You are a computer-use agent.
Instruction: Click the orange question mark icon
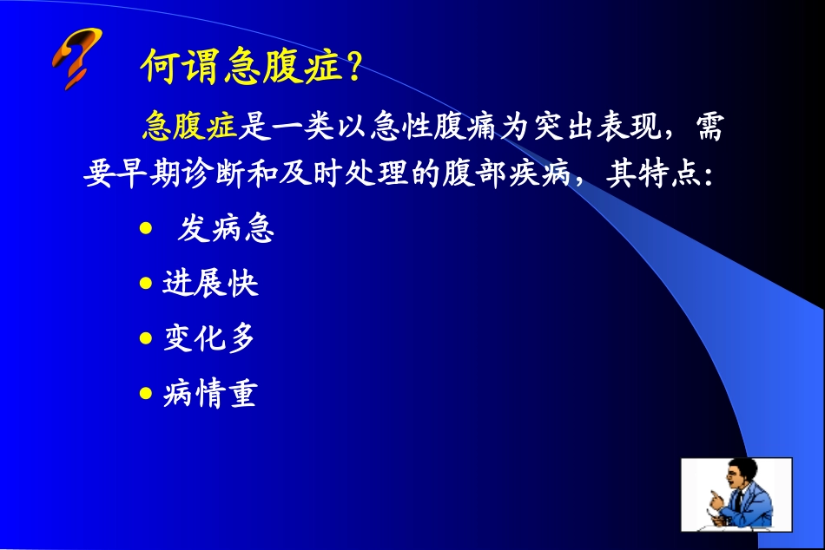click(76, 57)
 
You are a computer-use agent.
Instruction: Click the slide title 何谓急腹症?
click(250, 66)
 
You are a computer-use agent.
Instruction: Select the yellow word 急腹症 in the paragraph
click(189, 128)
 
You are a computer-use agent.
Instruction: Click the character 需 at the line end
click(709, 128)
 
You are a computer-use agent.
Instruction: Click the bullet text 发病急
click(226, 229)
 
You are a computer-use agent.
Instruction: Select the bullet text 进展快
click(210, 284)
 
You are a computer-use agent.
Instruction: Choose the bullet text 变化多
click(210, 338)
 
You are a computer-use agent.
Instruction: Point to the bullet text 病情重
click(210, 395)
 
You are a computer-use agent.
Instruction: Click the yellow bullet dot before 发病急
click(146, 228)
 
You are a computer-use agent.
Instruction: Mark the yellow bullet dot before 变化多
click(146, 338)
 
